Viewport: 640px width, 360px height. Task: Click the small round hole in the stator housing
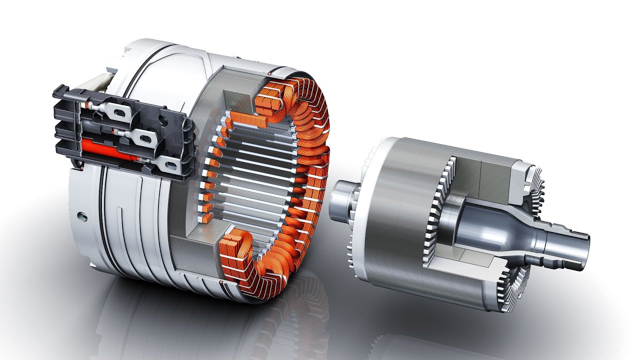78,215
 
